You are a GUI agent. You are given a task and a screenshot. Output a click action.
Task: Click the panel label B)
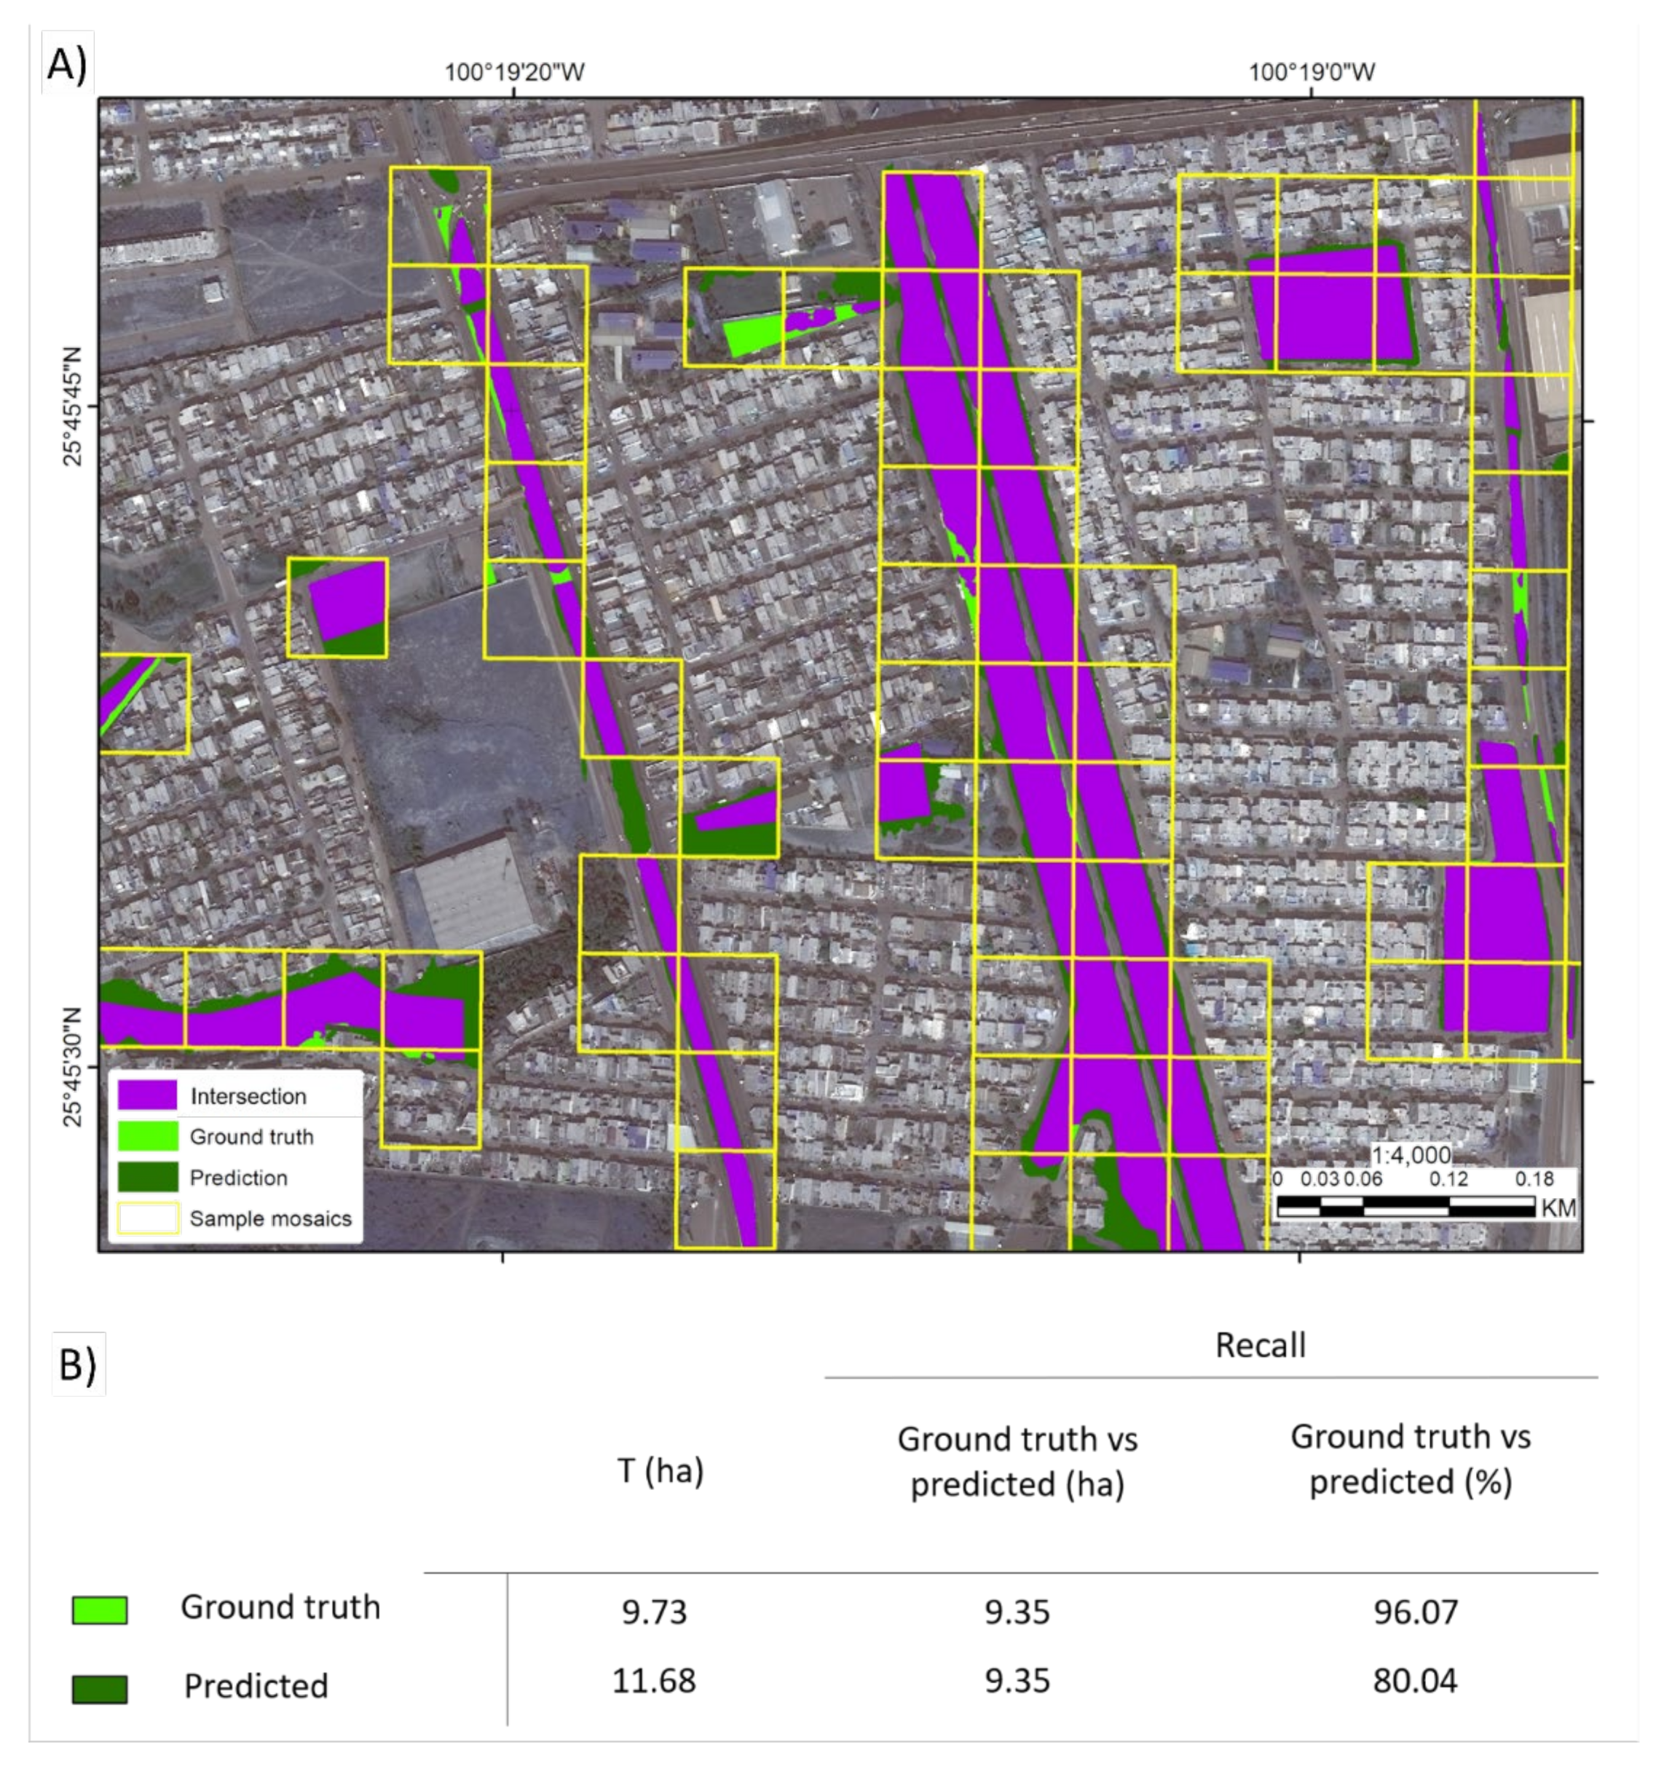[78, 1364]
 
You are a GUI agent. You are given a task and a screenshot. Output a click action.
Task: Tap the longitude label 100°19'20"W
[514, 71]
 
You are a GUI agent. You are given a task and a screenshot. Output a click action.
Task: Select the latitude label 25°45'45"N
[73, 408]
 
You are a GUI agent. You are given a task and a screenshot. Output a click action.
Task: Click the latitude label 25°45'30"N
[73, 1067]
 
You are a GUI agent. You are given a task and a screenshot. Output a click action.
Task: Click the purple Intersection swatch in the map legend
[147, 1095]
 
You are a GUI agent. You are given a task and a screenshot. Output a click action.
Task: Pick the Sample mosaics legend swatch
[147, 1218]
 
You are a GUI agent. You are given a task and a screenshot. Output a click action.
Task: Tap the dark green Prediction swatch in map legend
[147, 1177]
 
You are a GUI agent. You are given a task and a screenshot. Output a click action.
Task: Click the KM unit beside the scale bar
[1558, 1208]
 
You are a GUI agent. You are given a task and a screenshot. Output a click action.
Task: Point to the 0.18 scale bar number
[1534, 1179]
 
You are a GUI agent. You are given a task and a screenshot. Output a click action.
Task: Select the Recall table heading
[1260, 1344]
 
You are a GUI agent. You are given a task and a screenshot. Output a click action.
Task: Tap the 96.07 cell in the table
[1415, 1612]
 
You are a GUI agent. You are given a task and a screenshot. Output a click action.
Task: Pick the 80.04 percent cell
[1415, 1679]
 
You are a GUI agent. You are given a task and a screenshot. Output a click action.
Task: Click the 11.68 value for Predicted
[654, 1679]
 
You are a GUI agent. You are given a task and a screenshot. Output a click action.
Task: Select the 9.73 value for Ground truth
[654, 1612]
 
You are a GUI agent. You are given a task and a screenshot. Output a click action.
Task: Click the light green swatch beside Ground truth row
[100, 1610]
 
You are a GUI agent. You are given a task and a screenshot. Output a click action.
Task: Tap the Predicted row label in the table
[256, 1686]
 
